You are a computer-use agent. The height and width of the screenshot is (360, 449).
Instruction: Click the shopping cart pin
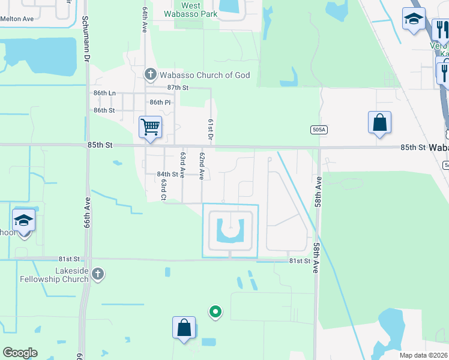tap(150, 127)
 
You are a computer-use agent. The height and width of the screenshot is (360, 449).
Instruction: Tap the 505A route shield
tap(319, 129)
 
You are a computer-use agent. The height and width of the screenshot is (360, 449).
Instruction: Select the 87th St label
tap(178, 88)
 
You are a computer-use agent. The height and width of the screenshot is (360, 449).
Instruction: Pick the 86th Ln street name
tap(104, 93)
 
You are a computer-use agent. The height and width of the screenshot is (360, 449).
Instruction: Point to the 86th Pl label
tap(160, 103)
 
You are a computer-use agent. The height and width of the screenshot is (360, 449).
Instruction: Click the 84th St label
tap(167, 174)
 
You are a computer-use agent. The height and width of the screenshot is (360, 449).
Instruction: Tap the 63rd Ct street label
tap(163, 189)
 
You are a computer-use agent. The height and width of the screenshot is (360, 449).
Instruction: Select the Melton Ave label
tap(17, 19)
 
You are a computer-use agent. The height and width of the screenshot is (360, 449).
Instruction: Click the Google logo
tap(20, 353)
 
